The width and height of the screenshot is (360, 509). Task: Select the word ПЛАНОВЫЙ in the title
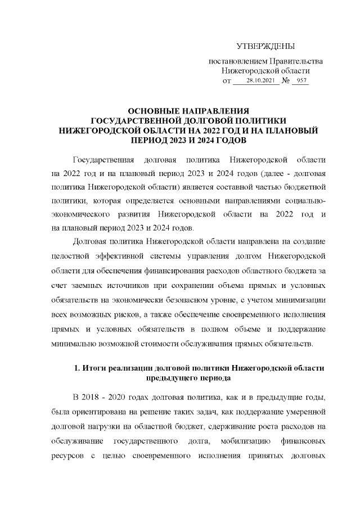point(292,130)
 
